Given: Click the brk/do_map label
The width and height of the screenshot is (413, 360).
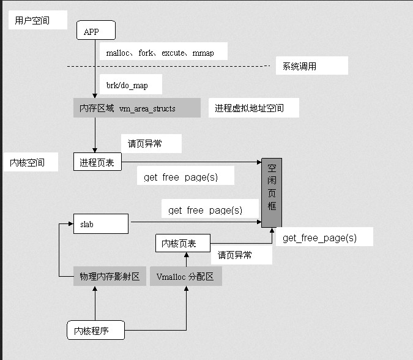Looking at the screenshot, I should [131, 85].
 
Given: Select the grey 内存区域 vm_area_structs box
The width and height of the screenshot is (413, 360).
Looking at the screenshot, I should [136, 108].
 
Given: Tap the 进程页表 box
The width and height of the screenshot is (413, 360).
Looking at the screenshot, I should [97, 162].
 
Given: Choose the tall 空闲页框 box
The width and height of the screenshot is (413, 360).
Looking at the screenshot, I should [272, 192].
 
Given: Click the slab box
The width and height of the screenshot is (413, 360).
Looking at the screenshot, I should [100, 224].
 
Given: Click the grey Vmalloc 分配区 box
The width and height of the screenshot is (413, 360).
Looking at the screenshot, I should [185, 276].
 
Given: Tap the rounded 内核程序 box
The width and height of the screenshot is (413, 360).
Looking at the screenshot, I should [95, 331].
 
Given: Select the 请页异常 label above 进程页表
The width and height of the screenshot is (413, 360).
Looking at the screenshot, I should [151, 144].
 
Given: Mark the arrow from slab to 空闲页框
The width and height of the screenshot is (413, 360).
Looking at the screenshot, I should [196, 222].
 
